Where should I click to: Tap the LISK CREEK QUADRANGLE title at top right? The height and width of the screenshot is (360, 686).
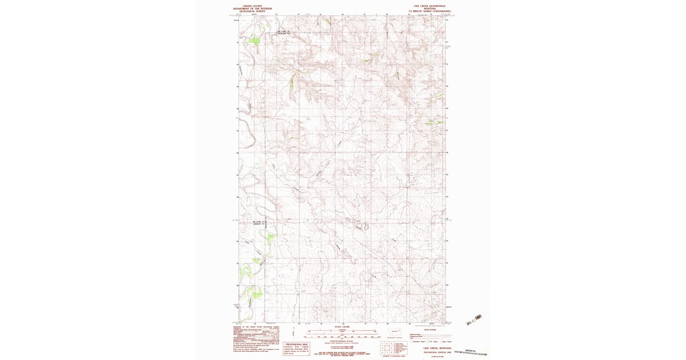(426, 6)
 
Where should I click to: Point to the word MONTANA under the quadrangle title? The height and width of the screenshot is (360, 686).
(426, 9)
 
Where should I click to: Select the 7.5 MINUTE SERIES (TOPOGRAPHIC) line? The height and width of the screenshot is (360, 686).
(426, 11)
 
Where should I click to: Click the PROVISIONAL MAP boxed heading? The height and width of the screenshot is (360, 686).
(297, 345)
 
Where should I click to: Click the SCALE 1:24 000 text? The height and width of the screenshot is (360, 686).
(341, 327)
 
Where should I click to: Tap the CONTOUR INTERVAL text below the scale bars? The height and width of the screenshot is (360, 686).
(341, 341)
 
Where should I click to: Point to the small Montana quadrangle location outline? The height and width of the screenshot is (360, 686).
(394, 331)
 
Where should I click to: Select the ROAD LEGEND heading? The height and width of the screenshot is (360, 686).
(429, 330)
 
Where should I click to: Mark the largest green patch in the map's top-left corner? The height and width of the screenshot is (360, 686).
(252, 40)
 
